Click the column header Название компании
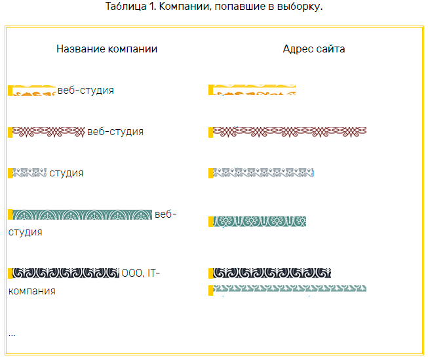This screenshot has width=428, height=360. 107,49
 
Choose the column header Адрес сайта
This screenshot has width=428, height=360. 314,49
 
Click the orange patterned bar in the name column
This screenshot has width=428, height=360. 33,90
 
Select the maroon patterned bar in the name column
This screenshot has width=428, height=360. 49,132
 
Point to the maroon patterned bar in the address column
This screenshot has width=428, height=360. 289,132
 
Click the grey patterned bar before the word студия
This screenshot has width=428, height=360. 29,173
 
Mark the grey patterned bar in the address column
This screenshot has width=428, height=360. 263,173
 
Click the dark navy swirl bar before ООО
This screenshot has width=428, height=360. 65,273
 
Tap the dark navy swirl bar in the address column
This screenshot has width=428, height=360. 271,273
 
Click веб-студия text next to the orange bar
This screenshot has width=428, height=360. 86,90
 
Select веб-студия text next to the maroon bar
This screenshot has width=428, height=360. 115,132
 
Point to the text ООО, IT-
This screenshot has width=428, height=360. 140,273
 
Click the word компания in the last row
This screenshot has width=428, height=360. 31,290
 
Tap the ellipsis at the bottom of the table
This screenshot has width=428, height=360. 12,334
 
